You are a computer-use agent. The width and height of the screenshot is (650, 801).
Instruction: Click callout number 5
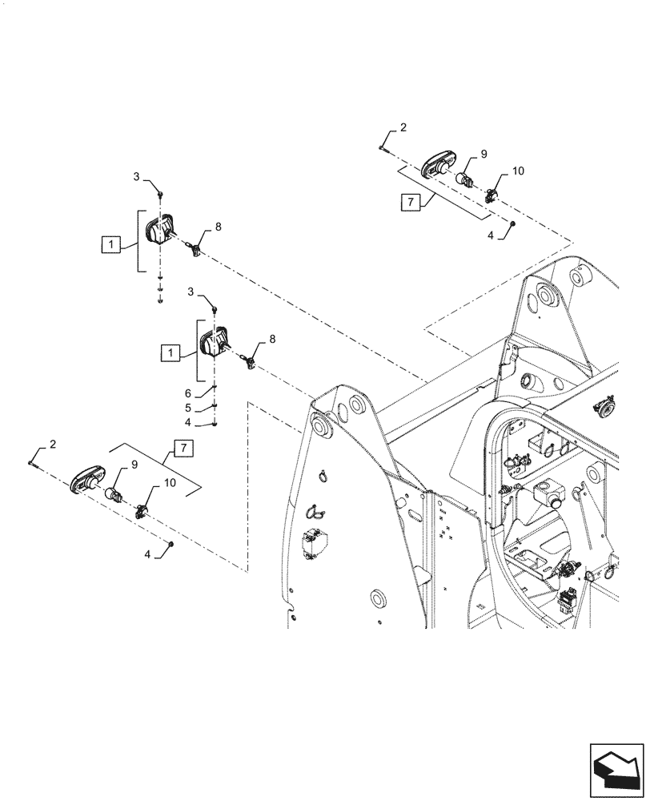coord(187,407)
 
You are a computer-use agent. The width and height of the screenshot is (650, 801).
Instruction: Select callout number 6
coord(187,392)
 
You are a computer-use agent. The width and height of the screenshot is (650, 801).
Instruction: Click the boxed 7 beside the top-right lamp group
coord(408,202)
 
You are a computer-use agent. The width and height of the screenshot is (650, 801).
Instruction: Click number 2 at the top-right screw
coord(403,128)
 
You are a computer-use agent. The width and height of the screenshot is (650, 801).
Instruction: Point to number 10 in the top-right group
coord(517,171)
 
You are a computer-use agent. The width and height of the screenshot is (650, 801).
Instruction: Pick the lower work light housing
coord(212,345)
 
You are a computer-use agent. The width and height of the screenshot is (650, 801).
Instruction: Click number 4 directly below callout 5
coord(187,422)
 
